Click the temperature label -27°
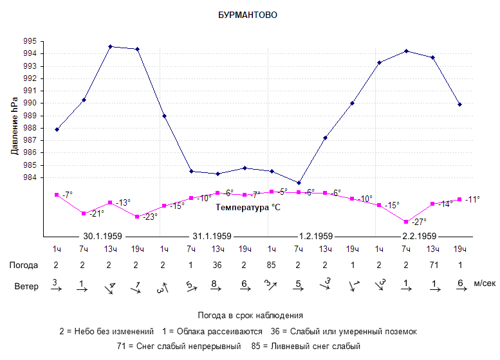click(x=418, y=222)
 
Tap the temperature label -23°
click(x=149, y=217)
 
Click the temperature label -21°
click(x=96, y=213)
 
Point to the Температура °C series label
click(x=248, y=208)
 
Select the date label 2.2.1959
click(x=420, y=236)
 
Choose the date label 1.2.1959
click(x=315, y=236)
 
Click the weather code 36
click(x=218, y=265)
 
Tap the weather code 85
click(x=272, y=265)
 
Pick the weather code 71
click(x=432, y=265)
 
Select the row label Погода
click(x=24, y=265)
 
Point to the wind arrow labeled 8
click(x=218, y=286)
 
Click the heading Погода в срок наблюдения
click(x=250, y=316)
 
